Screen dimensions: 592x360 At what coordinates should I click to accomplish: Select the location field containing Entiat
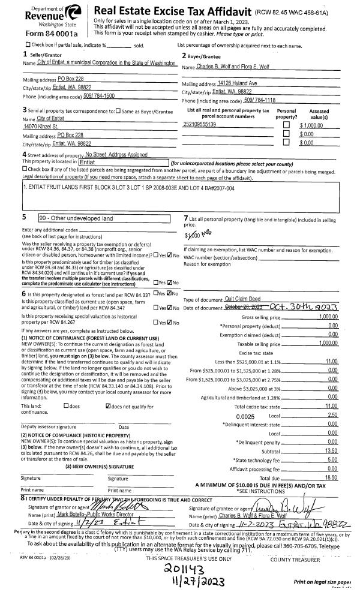(x=122, y=162)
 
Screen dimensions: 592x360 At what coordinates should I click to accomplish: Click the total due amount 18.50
(x=331, y=478)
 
